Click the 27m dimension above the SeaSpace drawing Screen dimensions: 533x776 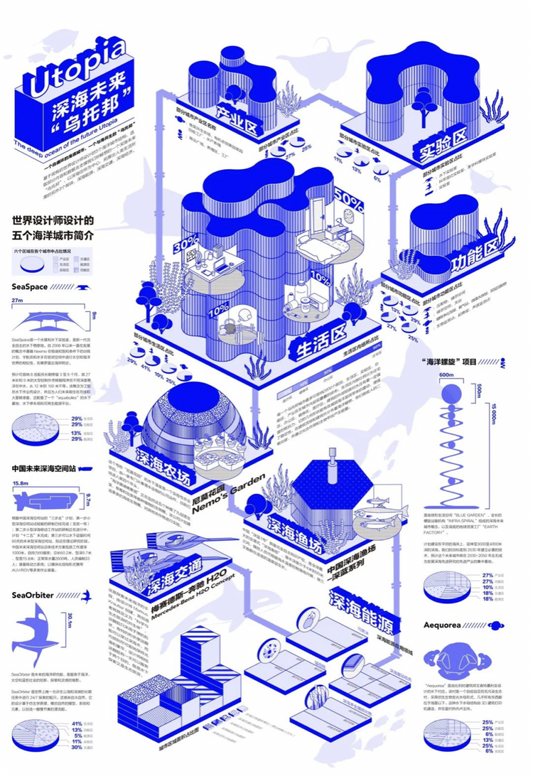point(18,301)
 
